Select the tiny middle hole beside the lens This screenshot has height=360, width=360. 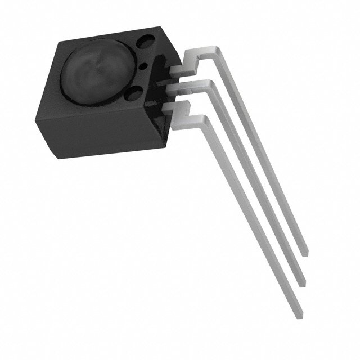pyautogui.click(x=143, y=67)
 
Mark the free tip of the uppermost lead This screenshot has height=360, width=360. pyautogui.click(x=305, y=251)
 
